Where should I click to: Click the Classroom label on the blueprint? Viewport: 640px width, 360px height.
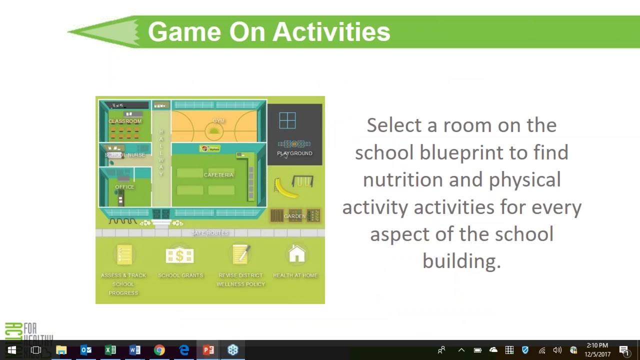click(x=125, y=121)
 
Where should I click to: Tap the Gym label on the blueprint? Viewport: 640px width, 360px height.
click(x=218, y=121)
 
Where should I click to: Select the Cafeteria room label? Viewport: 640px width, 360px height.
click(x=218, y=174)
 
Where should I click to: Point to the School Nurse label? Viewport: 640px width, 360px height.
click(x=124, y=155)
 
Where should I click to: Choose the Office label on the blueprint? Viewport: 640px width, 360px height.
click(x=124, y=187)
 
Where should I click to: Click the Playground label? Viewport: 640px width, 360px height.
click(x=294, y=153)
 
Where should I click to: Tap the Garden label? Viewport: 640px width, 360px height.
click(x=294, y=216)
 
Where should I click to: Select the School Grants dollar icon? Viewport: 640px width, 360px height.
click(x=179, y=255)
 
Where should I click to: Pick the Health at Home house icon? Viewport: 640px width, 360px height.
click(x=296, y=254)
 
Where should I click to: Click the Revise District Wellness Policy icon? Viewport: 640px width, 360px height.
click(x=240, y=255)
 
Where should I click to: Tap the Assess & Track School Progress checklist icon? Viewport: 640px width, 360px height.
click(x=123, y=255)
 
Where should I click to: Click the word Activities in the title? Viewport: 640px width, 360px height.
click(x=331, y=32)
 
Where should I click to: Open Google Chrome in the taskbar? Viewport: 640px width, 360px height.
click(x=159, y=350)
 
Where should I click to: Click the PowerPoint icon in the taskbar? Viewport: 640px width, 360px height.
click(x=208, y=350)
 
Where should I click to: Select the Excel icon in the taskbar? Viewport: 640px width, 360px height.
click(x=110, y=350)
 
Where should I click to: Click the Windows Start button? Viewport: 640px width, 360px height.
click(x=12, y=350)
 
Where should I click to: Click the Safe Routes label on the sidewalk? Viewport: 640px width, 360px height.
click(x=210, y=233)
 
